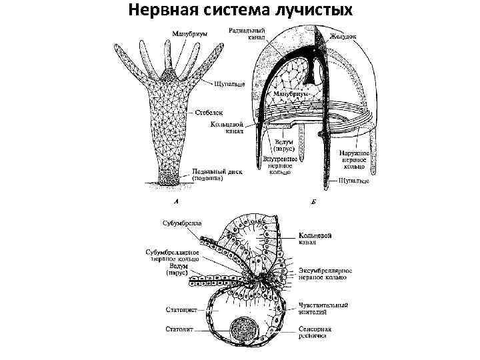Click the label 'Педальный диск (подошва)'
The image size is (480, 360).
pos(218,175)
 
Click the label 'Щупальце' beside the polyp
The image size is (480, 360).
pos(229,85)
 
